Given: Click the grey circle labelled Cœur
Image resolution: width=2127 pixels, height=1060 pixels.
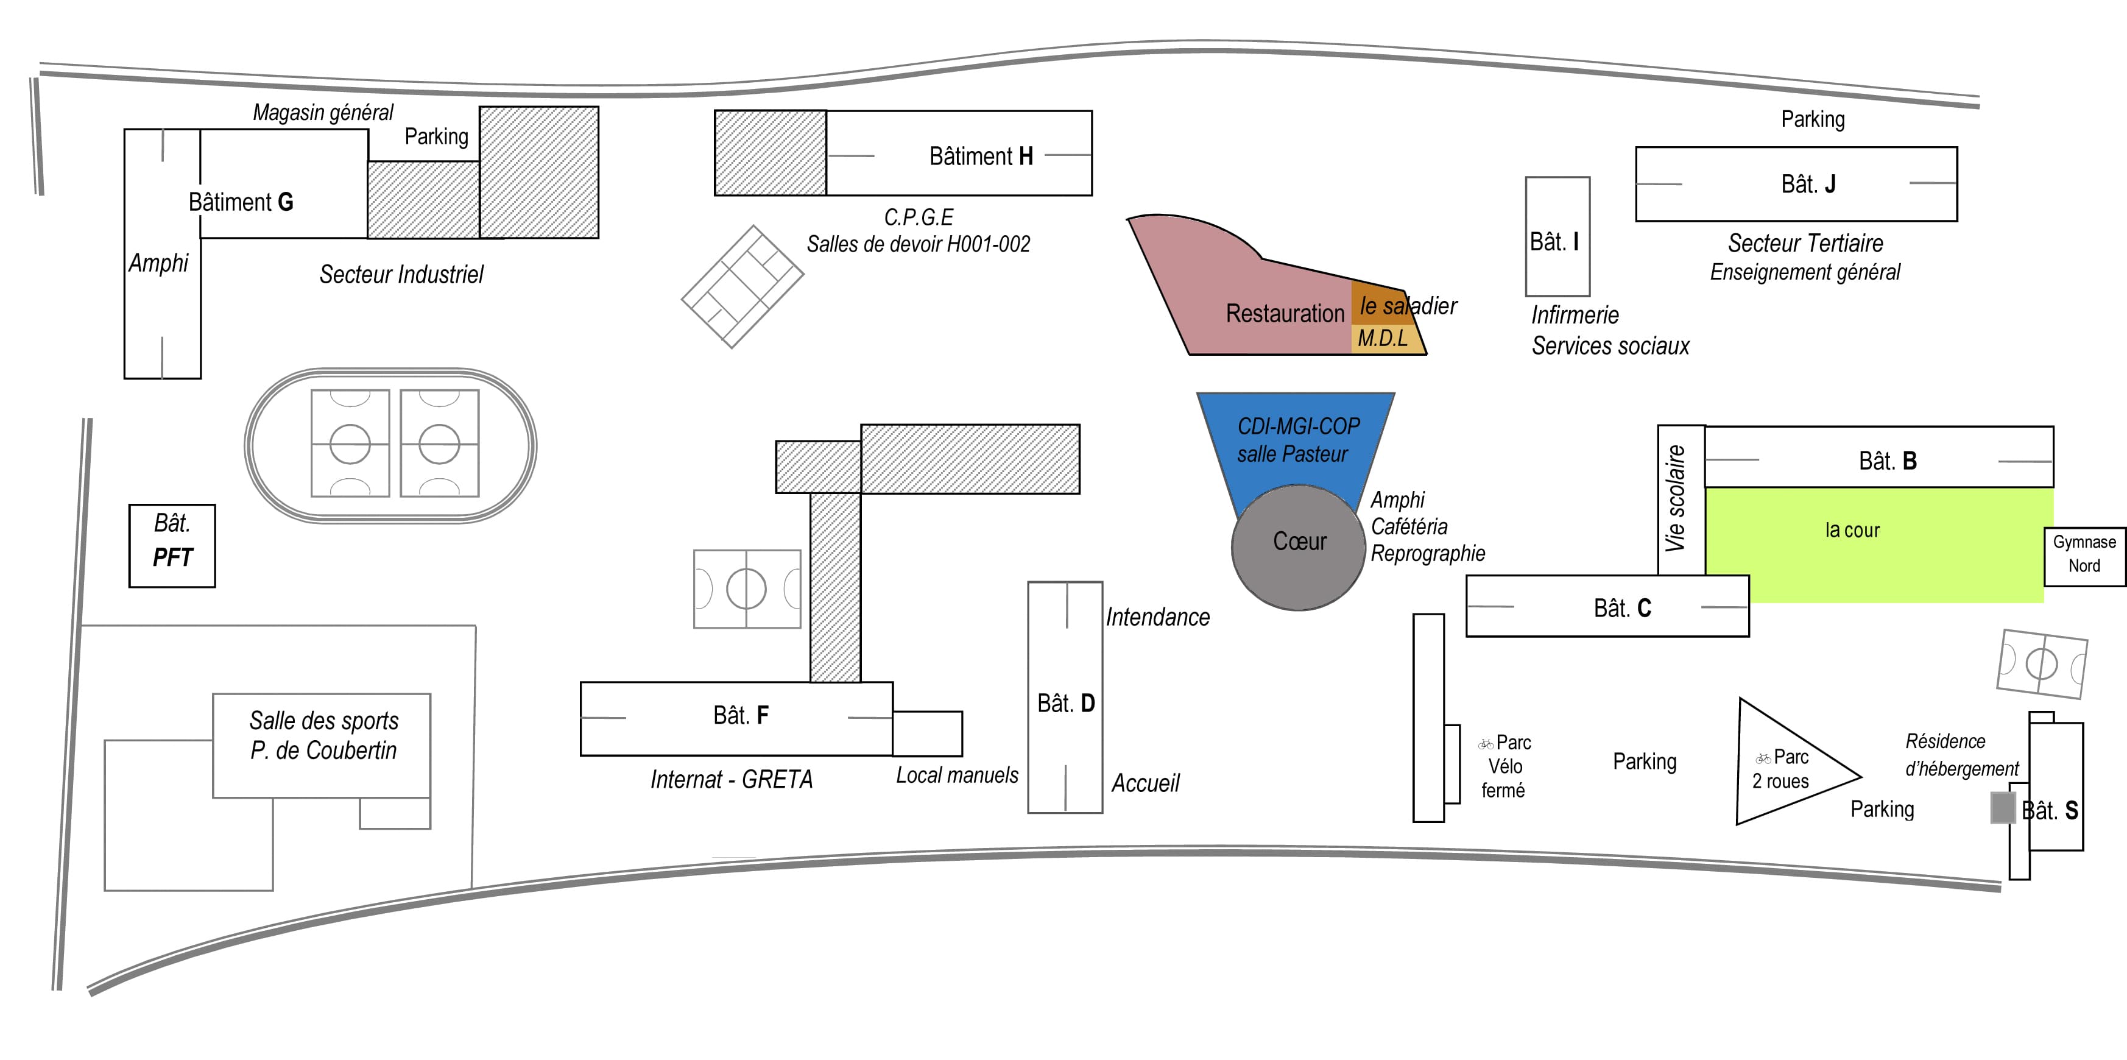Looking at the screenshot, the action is pos(1298,547).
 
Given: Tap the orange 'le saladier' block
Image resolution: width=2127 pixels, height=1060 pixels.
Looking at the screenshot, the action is pos(1377,303).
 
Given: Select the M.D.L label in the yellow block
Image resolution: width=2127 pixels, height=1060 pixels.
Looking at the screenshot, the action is pos(1383,339).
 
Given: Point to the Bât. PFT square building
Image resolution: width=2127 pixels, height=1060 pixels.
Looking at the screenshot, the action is pos(172,546).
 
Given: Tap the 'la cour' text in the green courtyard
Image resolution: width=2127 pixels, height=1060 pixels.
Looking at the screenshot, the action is pos(1852,530).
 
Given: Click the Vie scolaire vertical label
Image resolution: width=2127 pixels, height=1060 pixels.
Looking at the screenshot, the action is pos(1675,498).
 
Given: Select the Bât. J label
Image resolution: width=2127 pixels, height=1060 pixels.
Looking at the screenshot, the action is pos(1808,184).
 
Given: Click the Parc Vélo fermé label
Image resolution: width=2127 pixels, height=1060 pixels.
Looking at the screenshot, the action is pos(1504,766).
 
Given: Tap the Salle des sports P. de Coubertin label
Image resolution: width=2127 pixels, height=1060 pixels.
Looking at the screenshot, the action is pos(323,735).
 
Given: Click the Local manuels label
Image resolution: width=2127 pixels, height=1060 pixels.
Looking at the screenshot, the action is pos(957,775).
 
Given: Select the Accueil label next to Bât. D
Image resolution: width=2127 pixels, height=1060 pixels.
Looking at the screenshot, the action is pos(1145,783).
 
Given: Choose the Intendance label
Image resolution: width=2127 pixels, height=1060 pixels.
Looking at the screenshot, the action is pos(1158,617).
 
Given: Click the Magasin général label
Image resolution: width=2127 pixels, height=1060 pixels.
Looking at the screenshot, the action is pos(323,112).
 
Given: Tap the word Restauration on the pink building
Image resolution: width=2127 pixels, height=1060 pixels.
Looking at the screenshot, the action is pos(1285,314).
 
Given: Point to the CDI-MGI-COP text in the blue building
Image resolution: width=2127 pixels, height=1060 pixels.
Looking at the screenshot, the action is pos(1298,426).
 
